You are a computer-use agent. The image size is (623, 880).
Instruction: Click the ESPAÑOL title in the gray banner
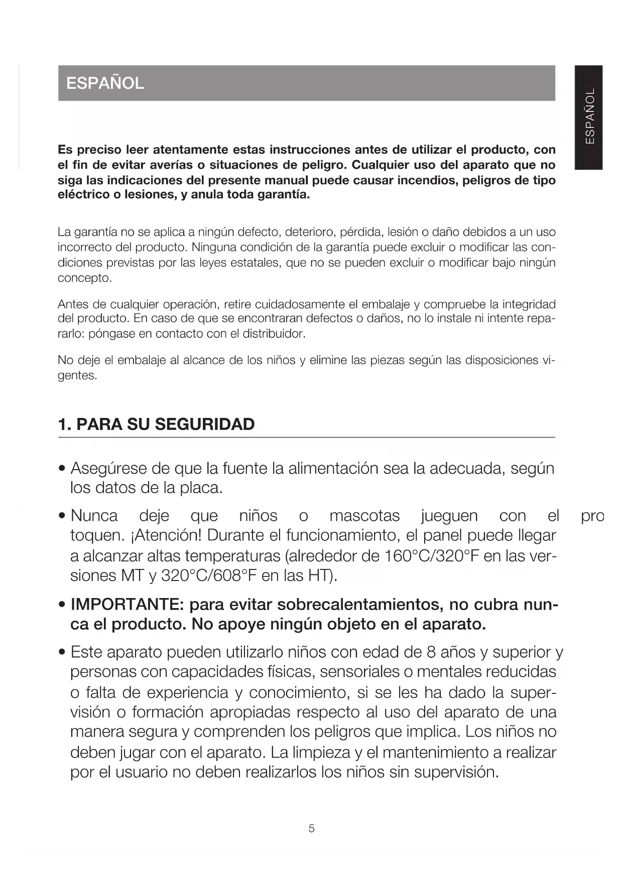pyautogui.click(x=105, y=83)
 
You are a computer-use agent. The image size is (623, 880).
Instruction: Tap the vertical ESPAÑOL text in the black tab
pyautogui.click(x=589, y=116)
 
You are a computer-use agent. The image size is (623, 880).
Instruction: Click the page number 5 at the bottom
pyautogui.click(x=311, y=828)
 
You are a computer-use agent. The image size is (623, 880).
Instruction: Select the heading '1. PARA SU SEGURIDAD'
pyautogui.click(x=157, y=424)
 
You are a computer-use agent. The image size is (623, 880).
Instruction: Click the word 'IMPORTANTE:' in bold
pyautogui.click(x=128, y=605)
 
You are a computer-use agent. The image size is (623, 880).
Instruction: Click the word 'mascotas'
pyautogui.click(x=364, y=516)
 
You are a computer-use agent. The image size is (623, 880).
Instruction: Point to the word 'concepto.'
pyautogui.click(x=84, y=278)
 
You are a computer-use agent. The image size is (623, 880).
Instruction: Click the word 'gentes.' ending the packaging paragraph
pyautogui.click(x=77, y=375)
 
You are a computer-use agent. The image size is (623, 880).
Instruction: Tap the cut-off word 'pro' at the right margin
pyautogui.click(x=592, y=516)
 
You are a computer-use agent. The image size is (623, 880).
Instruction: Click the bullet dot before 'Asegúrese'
pyautogui.click(x=62, y=470)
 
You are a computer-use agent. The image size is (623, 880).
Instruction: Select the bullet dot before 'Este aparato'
pyautogui.click(x=62, y=653)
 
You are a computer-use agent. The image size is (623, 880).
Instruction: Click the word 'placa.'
pyautogui.click(x=201, y=488)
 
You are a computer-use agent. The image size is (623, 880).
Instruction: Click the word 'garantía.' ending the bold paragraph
pyautogui.click(x=284, y=195)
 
